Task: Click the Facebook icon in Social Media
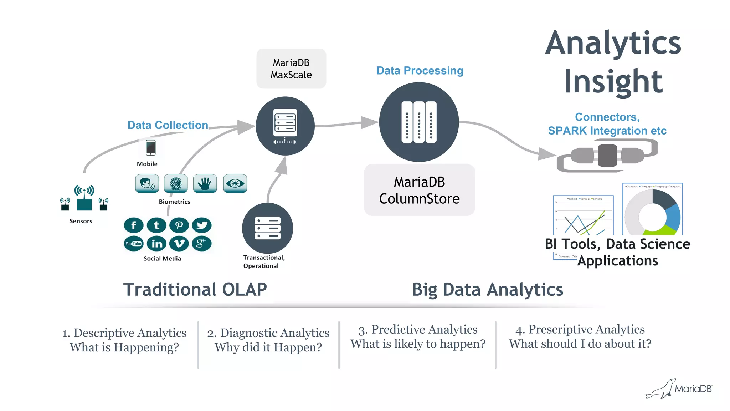click(x=134, y=225)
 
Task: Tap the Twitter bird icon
click(x=202, y=225)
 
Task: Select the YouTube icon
click(x=134, y=244)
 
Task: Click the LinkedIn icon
click(x=157, y=244)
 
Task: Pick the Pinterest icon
click(x=179, y=225)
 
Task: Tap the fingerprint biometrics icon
click(x=176, y=184)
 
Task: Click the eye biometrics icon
click(x=235, y=184)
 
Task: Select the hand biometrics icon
click(x=205, y=184)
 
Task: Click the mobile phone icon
click(x=151, y=148)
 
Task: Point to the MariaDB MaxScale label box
click(x=291, y=68)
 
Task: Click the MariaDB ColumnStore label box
click(x=419, y=190)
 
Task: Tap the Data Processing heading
click(x=420, y=71)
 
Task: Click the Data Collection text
click(x=168, y=125)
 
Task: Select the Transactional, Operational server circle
click(x=267, y=228)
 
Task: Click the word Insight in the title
click(x=613, y=82)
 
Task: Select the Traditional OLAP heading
click(x=195, y=289)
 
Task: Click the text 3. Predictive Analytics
click(x=418, y=329)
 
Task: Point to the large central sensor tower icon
click(x=84, y=198)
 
